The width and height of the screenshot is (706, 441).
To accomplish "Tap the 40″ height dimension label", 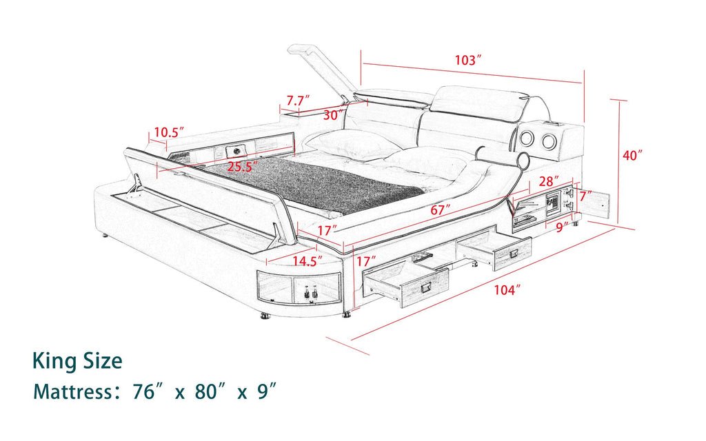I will [632, 156].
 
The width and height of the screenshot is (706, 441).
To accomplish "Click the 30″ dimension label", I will [332, 116].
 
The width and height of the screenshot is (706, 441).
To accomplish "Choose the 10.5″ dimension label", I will [170, 132].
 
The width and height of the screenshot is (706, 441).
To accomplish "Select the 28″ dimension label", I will [547, 181].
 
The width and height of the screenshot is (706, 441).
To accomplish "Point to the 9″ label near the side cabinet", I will [560, 225].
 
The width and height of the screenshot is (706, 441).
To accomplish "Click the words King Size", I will [77, 361].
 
